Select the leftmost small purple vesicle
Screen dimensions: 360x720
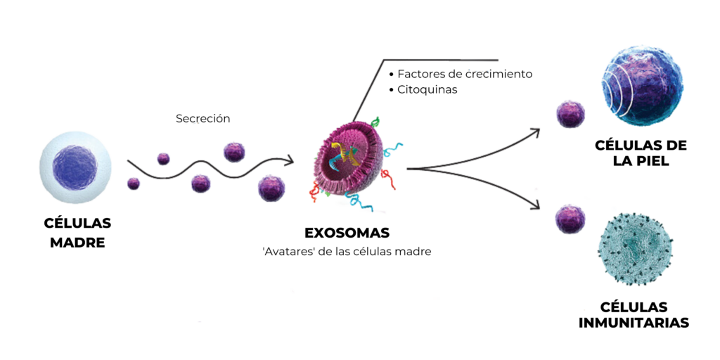click(x=133, y=184)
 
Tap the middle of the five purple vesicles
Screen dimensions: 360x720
click(x=200, y=184)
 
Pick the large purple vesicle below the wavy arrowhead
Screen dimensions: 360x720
click(x=271, y=188)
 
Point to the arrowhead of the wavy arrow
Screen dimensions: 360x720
click(x=290, y=161)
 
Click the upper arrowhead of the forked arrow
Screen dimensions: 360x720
click(x=535, y=131)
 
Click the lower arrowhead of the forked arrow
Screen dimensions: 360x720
click(x=536, y=203)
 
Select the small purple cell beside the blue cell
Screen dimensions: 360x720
click(x=570, y=114)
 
